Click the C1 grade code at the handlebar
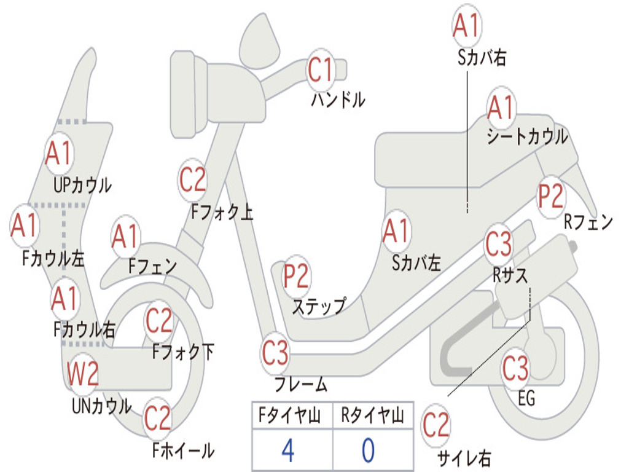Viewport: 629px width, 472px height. [x=320, y=69]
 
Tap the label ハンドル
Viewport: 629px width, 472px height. [x=337, y=99]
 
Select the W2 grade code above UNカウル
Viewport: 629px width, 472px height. [x=83, y=374]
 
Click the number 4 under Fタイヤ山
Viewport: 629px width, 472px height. [x=287, y=450]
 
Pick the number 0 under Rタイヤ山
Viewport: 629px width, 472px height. [x=368, y=450]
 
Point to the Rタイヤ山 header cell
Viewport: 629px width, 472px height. [x=372, y=417]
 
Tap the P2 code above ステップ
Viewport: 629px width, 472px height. [x=296, y=277]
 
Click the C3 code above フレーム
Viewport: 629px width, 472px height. [x=275, y=353]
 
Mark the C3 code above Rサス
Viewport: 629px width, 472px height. [x=498, y=245]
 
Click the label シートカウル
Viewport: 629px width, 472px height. [x=527, y=136]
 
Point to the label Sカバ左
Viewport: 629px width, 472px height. [x=416, y=263]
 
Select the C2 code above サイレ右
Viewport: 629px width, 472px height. [x=436, y=426]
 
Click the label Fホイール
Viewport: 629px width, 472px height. [x=183, y=450]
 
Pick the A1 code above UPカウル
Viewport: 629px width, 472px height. [x=58, y=154]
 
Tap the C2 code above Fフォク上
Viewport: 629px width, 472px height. [x=193, y=179]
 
